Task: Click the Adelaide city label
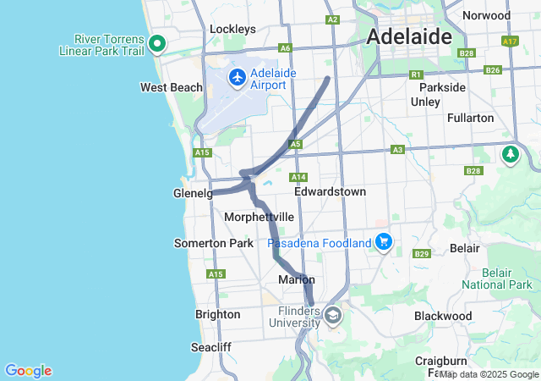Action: click(x=409, y=37)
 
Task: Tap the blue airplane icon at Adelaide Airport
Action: click(x=237, y=79)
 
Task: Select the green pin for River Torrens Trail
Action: click(x=156, y=44)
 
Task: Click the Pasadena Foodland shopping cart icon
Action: click(x=384, y=242)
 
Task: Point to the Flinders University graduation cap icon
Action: click(x=333, y=316)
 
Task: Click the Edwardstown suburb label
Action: click(x=330, y=192)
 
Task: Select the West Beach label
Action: click(x=172, y=87)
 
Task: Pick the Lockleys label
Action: click(x=232, y=29)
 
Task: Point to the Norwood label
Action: click(x=486, y=15)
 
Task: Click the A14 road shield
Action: click(x=298, y=177)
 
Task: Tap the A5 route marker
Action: click(x=294, y=145)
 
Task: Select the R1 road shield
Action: click(x=415, y=75)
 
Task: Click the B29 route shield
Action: click(x=422, y=254)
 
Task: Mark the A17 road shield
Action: click(x=509, y=40)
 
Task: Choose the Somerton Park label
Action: click(x=213, y=243)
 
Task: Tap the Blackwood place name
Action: click(x=443, y=316)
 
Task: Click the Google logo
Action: click(x=28, y=371)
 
